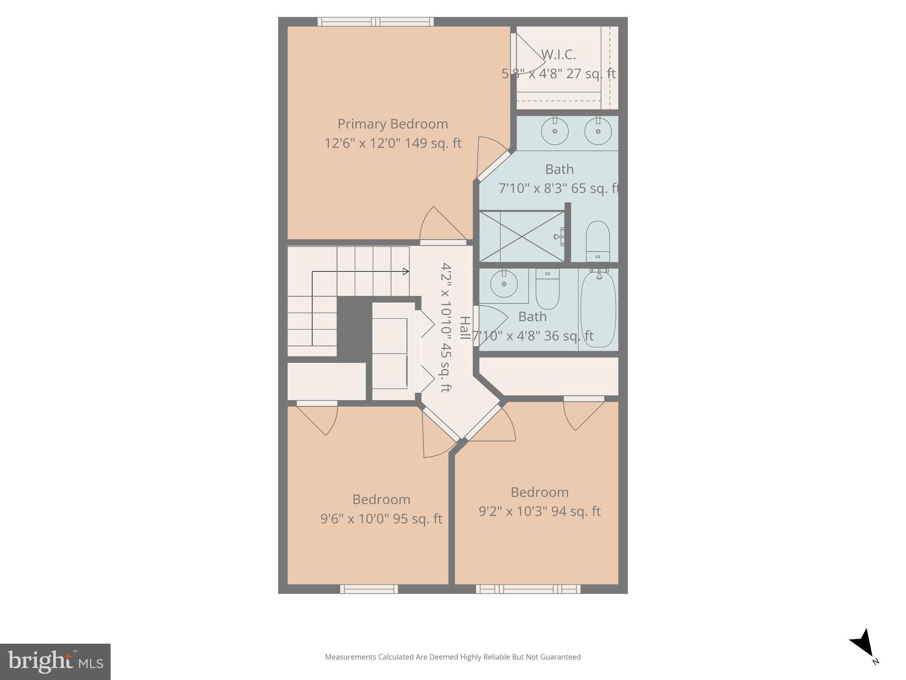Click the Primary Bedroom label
[392, 124]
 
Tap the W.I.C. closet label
[558, 55]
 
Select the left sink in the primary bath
[555, 131]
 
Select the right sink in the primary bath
[598, 131]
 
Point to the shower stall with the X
[522, 236]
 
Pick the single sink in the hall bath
[504, 283]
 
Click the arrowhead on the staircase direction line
[406, 271]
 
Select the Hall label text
[465, 328]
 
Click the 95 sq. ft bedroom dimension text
[381, 518]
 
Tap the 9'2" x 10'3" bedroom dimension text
[539, 511]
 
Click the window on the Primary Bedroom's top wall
[375, 22]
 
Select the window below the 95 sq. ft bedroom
[369, 589]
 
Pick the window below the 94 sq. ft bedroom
[528, 589]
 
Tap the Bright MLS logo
[55, 662]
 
